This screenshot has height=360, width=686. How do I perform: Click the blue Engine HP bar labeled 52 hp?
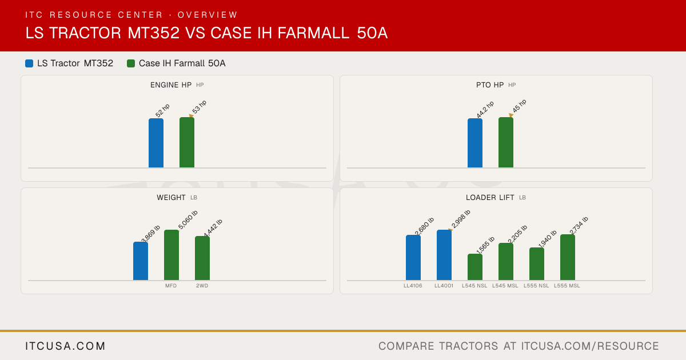pos(156,143)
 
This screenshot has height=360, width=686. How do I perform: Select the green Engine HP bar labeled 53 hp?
pos(187,142)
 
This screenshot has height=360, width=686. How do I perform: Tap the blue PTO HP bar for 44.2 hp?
pos(475,143)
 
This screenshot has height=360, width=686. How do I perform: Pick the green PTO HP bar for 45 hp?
pos(506,142)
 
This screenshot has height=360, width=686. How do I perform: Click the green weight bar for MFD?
pos(171,255)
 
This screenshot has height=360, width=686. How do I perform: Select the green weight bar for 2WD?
pos(202,258)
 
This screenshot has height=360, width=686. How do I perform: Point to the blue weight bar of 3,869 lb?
pos(141,261)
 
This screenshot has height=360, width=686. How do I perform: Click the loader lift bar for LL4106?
pos(413,258)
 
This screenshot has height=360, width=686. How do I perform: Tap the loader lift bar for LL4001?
pos(444,255)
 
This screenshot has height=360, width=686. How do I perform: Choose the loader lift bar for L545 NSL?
pos(475,267)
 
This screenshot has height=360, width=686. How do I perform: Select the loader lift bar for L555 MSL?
pos(568,257)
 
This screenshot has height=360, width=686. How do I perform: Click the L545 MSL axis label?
pos(505,286)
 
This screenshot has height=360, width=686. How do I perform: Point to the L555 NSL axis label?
pos(536,286)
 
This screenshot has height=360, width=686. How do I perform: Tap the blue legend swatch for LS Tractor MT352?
pos(29,63)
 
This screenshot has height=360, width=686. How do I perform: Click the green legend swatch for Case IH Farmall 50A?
pos(131,63)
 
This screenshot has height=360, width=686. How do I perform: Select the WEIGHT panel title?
pos(171,198)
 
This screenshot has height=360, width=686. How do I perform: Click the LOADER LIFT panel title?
pos(490,198)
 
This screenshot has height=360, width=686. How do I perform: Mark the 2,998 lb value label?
pos(461,219)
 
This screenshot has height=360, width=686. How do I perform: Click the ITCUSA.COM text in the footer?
pos(65,346)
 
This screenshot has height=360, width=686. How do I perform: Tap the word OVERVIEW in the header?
pos(208,15)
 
